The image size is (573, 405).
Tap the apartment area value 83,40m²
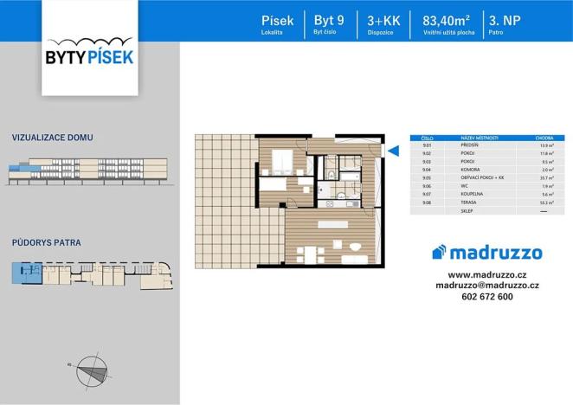(x=445, y=21)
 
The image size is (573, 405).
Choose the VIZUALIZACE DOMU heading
(x=53, y=138)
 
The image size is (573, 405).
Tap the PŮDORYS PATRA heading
(x=47, y=243)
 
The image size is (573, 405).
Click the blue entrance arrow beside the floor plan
(x=391, y=151)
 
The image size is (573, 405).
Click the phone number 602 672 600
(x=487, y=297)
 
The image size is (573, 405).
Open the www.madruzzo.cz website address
(x=487, y=273)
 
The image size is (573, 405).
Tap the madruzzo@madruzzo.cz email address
(x=487, y=285)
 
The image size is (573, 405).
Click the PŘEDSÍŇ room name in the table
(x=472, y=146)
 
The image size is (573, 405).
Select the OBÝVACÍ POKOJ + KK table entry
(x=481, y=177)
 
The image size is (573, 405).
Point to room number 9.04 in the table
(x=427, y=170)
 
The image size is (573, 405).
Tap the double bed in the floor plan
(x=282, y=162)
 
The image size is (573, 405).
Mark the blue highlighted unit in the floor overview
(x=19, y=274)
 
